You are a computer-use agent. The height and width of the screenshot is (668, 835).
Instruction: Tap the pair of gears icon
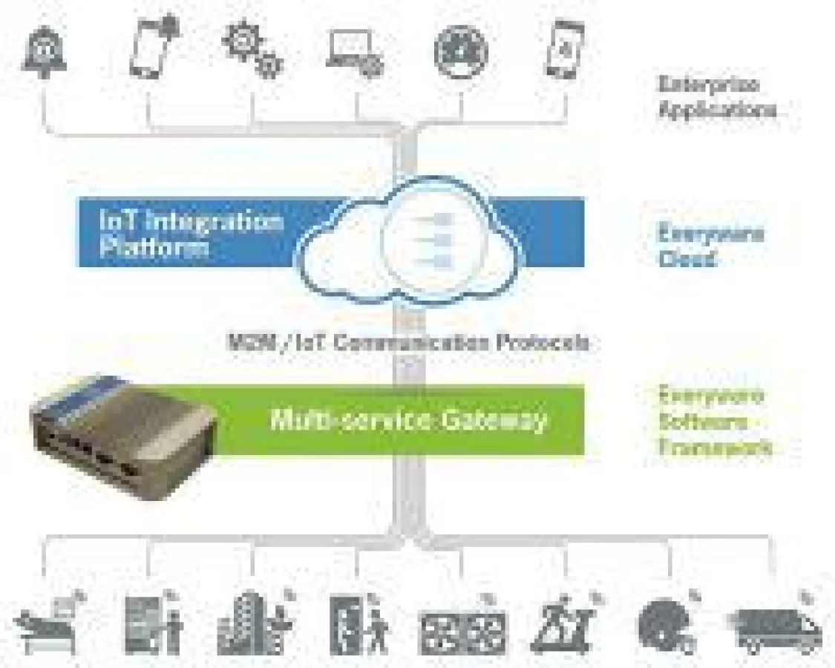pos(253,50)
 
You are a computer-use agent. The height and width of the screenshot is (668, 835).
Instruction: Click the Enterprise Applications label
pos(717,97)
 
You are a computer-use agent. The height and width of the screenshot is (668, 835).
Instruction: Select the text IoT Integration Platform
pos(191,234)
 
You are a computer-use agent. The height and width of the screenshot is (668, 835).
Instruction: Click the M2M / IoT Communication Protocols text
pos(407,342)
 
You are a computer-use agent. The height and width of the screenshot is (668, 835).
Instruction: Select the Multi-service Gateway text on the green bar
pos(407,419)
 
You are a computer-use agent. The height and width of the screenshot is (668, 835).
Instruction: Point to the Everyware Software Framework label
pos(715,422)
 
